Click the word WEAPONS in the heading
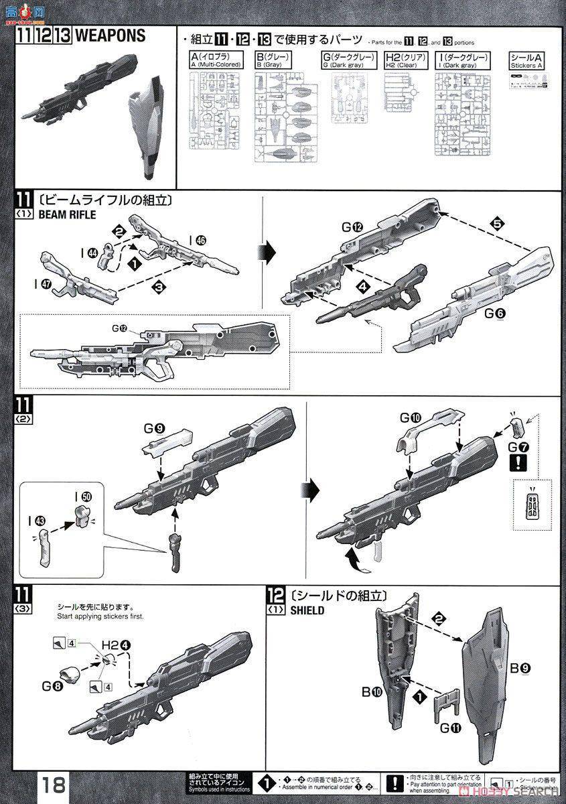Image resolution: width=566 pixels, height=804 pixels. coord(110,36)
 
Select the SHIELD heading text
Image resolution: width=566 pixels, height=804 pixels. coord(308,610)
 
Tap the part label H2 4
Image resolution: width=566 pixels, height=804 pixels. coord(116,645)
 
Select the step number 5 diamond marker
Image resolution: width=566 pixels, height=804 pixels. coord(496,224)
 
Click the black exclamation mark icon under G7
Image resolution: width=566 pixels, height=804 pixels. coord(516,463)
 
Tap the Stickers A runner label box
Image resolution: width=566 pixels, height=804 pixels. coord(526,61)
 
